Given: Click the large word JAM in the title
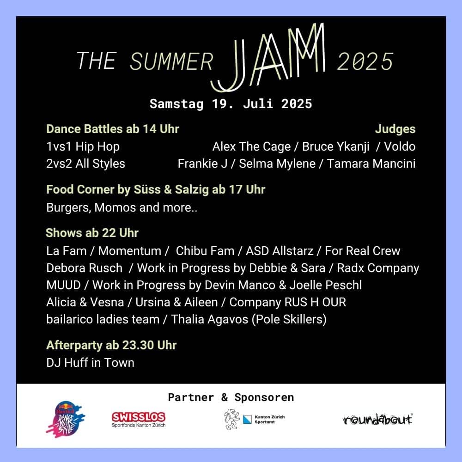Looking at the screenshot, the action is click(x=267, y=57).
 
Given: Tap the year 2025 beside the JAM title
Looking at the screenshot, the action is click(x=365, y=61).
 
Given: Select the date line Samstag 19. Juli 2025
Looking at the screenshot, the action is click(x=231, y=103).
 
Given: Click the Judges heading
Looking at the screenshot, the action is click(x=395, y=129).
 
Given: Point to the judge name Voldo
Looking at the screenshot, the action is click(x=400, y=146).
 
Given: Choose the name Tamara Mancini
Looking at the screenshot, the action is click(x=371, y=164).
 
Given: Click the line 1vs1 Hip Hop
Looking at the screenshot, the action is click(x=83, y=147).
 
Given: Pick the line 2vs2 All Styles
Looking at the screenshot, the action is click(x=85, y=164).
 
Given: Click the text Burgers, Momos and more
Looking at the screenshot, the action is click(x=122, y=207).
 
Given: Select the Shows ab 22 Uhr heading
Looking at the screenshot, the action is click(x=92, y=233).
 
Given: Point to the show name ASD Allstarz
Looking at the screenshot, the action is click(x=280, y=251).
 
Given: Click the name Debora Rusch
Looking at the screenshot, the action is click(x=84, y=268).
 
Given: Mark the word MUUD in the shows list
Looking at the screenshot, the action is click(x=63, y=285).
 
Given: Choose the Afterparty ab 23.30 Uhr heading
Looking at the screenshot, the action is click(x=111, y=345).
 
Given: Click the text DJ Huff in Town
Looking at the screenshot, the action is click(x=90, y=363).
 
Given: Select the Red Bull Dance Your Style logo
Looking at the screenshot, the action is click(x=66, y=419).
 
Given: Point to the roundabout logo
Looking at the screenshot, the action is click(x=378, y=419).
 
